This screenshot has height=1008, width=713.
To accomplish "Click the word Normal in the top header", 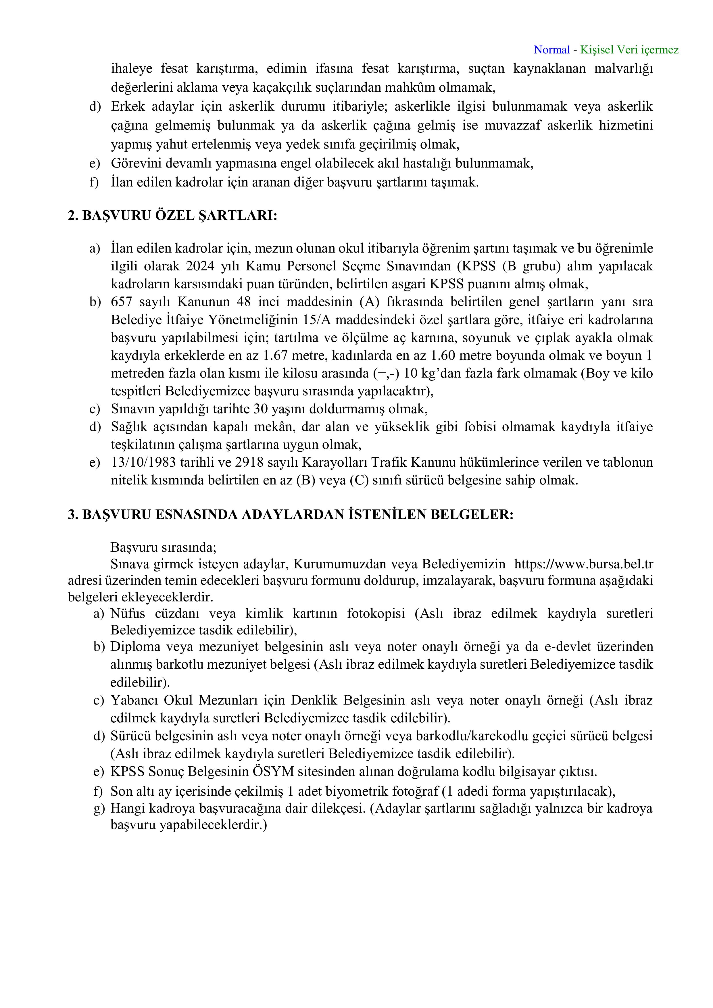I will coord(551,50).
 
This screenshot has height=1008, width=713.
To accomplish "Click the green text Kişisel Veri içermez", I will coord(629,50).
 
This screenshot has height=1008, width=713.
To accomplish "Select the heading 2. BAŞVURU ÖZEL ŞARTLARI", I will coord(172,216).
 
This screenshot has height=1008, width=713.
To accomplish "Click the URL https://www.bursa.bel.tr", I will coord(583,564).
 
